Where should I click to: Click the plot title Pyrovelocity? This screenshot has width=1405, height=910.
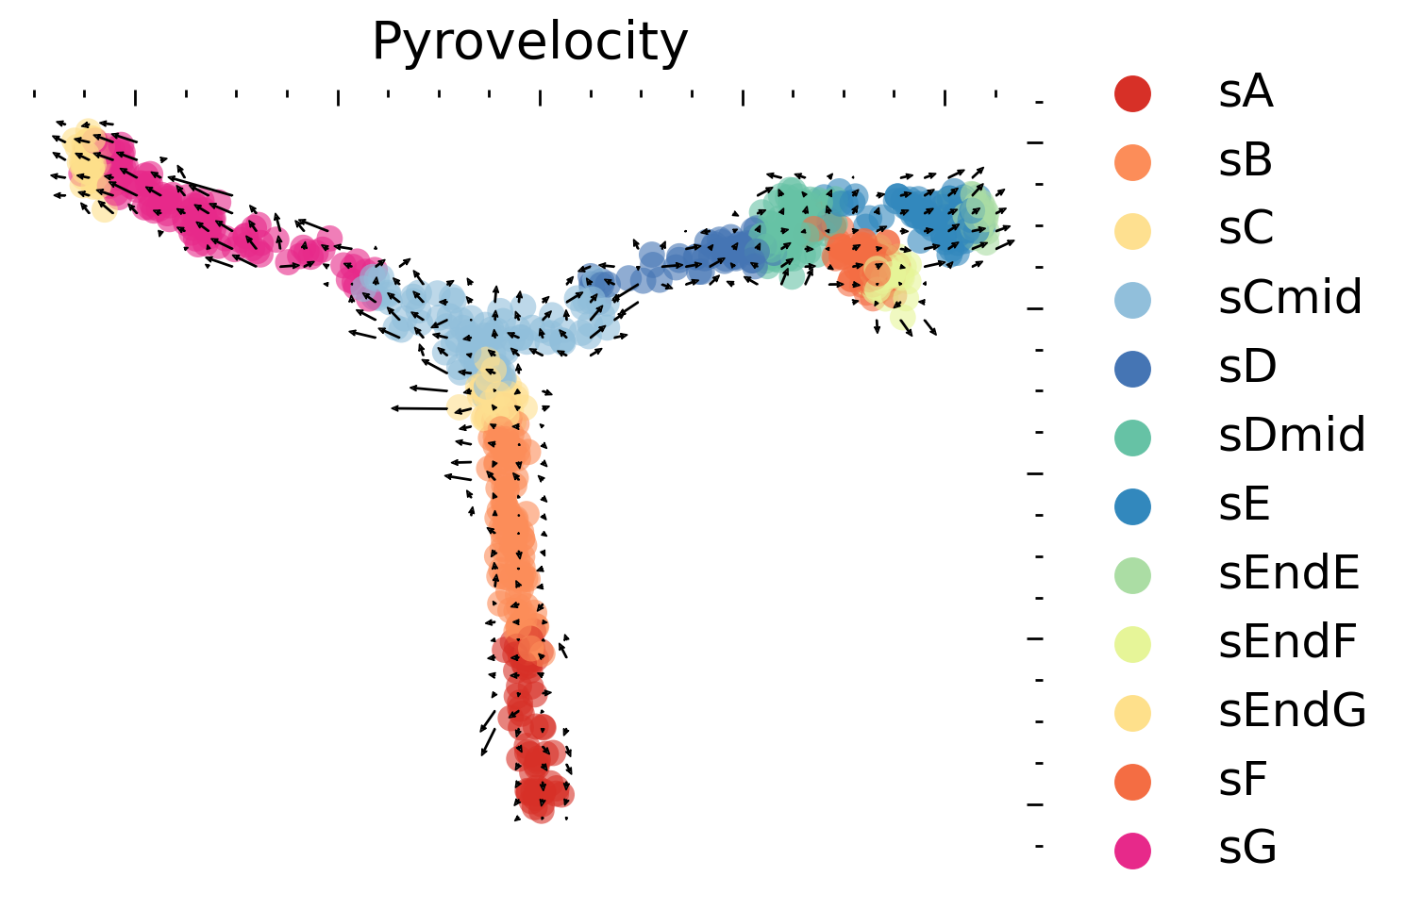pos(529,42)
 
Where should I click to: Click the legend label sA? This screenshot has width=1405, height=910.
pos(1246,92)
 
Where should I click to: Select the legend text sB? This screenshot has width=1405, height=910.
pos(1246,161)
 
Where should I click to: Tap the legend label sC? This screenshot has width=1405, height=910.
pos(1246,229)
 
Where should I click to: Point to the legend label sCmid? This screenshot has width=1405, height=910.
pos(1290,298)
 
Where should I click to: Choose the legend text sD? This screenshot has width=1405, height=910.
pos(1247,367)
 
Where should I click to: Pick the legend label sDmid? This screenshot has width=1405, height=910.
pos(1292,436)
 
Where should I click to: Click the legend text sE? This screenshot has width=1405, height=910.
pos(1245,505)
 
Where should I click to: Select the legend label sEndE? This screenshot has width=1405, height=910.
pos(1289,573)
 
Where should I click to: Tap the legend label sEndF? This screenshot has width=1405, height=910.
pos(1288,642)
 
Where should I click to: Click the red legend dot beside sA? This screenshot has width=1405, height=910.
pos(1132,93)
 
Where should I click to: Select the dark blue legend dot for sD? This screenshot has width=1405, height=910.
pos(1132,368)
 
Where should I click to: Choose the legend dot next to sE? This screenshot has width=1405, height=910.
pos(1132,505)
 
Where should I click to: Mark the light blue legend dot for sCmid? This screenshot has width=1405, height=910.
pos(1132,299)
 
